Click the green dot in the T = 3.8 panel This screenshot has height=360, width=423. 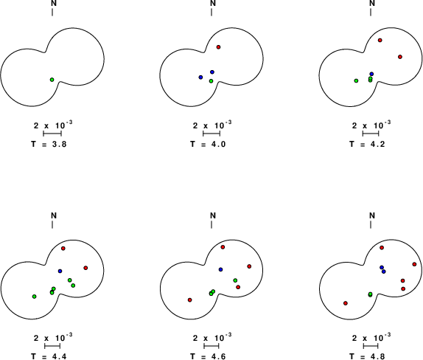pos(52,80)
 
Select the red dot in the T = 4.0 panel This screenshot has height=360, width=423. pos(219,47)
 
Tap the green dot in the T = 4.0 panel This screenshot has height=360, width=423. pos(211,81)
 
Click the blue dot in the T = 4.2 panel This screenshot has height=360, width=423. pos(371,74)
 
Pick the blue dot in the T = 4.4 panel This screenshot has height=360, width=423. pos(60,271)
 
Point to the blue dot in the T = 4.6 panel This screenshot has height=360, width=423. pos(220,269)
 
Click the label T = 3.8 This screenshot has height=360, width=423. pos(49,144)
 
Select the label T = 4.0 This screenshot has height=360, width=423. pos(208,144)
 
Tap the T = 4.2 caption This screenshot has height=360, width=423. pos(367,144)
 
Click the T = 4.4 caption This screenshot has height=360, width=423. pos(49,356)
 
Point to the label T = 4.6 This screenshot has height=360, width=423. pos(208,356)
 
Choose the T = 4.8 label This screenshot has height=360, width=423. pos(367,356)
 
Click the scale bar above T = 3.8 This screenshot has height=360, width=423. pos(52,134)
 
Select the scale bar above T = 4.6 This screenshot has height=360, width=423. pos(212,346)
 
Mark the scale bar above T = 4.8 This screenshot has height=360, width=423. pos(371,346)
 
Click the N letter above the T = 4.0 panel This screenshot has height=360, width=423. pos(213,3)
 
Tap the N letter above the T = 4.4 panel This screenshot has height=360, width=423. pos(54,215)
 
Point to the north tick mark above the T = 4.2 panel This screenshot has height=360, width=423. pos(371,12)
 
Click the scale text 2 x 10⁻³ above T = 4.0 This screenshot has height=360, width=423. pos(212,125)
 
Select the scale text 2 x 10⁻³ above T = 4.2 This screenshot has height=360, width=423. pos(371,125)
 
